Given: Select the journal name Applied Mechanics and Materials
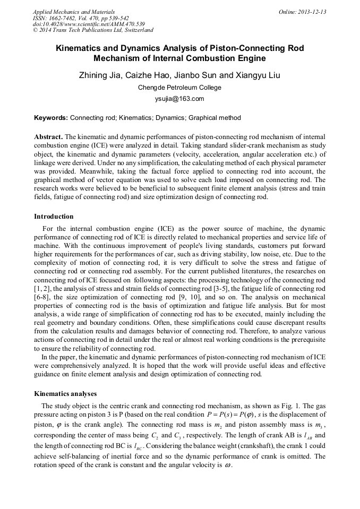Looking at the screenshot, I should tap(74, 12).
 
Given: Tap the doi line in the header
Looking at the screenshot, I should tap(89, 24).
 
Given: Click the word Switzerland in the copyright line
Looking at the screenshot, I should tap(137, 31).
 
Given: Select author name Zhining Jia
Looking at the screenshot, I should tap(100, 75).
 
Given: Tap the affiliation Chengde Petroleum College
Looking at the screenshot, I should tap(179, 88).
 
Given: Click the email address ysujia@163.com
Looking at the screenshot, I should tap(179, 99).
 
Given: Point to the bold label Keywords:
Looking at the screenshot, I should tap(51, 118).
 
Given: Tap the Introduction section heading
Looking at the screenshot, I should tap(54, 217).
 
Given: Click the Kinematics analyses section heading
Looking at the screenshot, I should tap(65, 394).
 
